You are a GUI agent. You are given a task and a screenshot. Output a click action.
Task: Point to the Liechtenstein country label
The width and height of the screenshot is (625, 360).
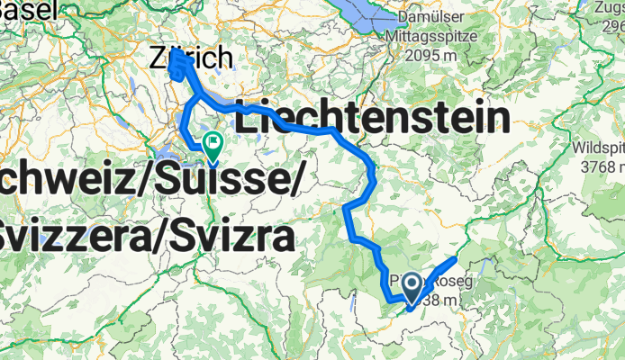371,118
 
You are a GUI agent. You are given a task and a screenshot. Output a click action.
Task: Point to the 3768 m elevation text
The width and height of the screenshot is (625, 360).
598,166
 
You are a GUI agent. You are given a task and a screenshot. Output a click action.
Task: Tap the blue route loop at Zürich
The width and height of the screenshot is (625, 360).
177,67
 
